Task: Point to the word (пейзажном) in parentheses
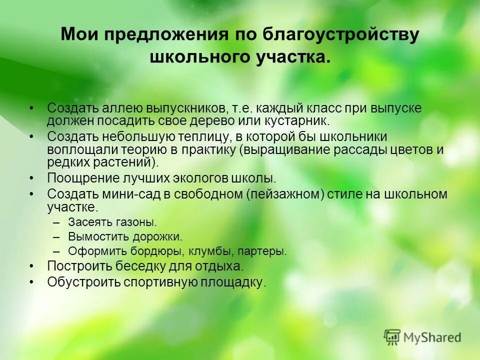(284, 194)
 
